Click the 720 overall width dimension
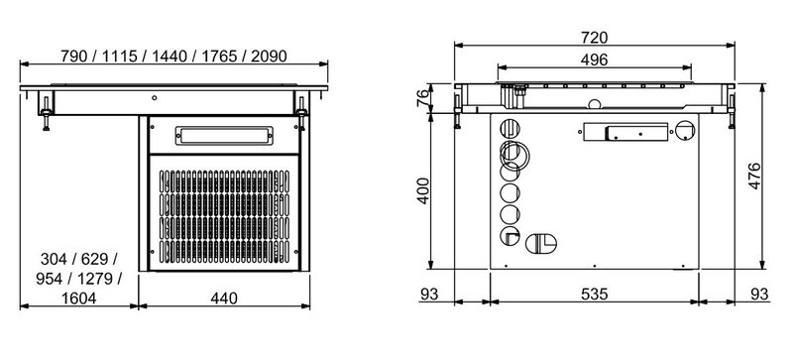click(x=594, y=38)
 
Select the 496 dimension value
click(x=594, y=60)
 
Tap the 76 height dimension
click(x=422, y=96)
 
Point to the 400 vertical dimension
click(x=423, y=190)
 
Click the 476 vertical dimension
click(x=754, y=177)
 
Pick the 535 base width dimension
click(x=594, y=294)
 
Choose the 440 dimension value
click(x=224, y=299)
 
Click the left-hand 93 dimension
click(x=429, y=294)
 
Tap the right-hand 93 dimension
click(x=759, y=294)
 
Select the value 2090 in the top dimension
click(x=269, y=57)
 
